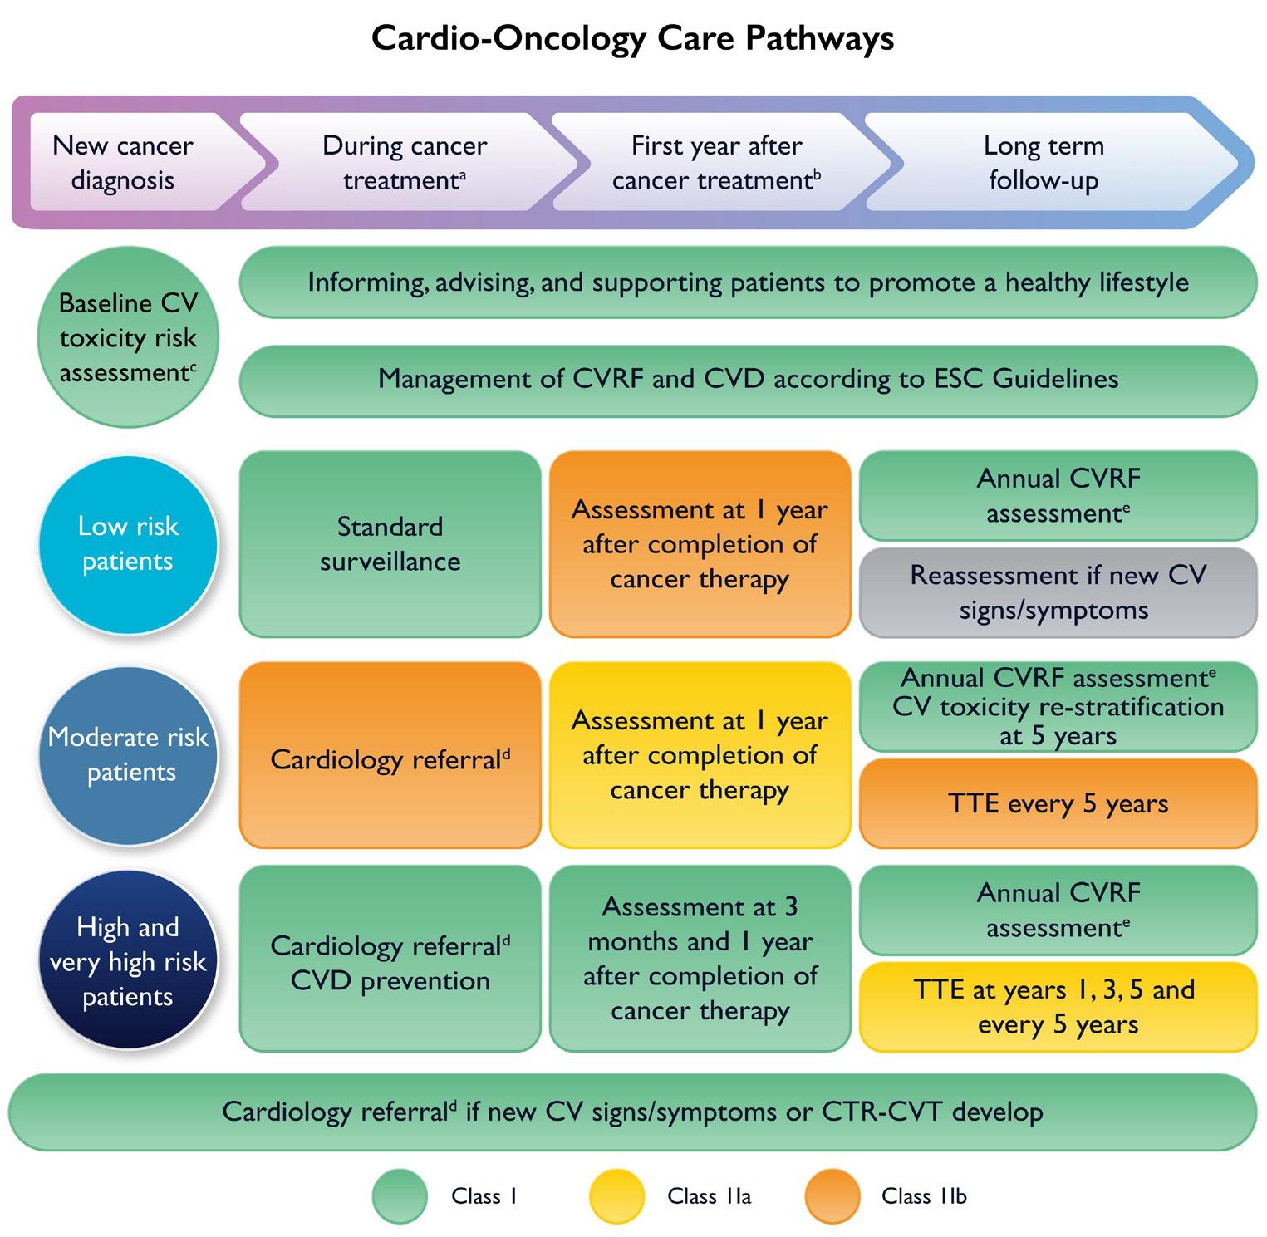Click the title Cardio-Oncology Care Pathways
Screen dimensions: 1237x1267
632,38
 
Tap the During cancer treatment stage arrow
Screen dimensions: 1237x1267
405,163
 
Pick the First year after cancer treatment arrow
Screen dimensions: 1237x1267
716,163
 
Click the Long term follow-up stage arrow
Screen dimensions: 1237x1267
1044,163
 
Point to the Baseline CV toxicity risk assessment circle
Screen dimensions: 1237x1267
128,337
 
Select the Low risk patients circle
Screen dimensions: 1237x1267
128,544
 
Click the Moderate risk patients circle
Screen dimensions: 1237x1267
128,754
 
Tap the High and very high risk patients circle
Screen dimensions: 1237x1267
128,961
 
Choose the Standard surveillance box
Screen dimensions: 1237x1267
390,544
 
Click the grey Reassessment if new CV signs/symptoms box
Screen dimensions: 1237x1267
1058,592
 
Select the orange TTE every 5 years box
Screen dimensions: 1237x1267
1058,803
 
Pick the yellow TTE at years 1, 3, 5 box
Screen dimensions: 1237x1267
1058,1006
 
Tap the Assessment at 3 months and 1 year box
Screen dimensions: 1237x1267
700,960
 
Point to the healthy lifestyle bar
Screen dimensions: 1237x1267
748,282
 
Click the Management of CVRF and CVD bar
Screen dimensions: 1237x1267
748,380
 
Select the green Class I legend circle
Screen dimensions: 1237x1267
400,1196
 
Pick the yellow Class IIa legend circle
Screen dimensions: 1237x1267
616,1196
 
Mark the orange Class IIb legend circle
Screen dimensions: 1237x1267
832,1196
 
